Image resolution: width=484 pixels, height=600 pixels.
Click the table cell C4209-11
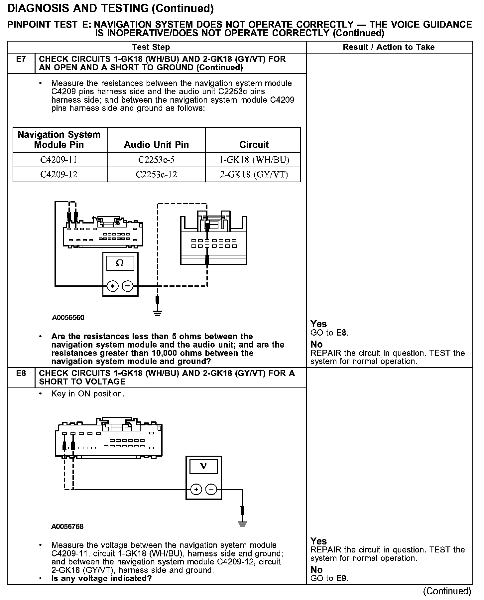click(x=59, y=160)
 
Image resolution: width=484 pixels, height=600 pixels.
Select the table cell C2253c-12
click(x=156, y=174)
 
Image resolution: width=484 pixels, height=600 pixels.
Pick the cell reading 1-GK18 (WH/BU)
click(x=254, y=160)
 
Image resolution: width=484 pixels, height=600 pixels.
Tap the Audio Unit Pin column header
click(x=156, y=145)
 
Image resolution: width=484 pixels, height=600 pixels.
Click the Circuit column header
click(x=254, y=145)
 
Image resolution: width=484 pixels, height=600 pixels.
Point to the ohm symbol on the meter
click(x=120, y=263)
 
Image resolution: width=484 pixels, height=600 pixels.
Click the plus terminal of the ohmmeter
click(x=113, y=286)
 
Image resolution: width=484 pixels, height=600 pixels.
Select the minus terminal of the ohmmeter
click(x=128, y=286)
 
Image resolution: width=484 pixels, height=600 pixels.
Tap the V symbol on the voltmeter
click(x=203, y=466)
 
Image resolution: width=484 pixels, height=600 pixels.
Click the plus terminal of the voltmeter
click(x=196, y=489)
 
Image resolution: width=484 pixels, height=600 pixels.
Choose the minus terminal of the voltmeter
click(x=211, y=489)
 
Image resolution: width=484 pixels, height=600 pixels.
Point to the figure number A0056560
click(x=68, y=318)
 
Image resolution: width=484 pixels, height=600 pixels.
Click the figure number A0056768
click(x=67, y=526)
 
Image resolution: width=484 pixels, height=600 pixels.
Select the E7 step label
click(x=21, y=59)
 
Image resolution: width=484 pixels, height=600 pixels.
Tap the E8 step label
click(x=21, y=373)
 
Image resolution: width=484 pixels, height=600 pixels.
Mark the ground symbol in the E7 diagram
click(x=158, y=313)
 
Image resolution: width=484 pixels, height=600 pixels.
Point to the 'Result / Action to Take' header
click(x=389, y=47)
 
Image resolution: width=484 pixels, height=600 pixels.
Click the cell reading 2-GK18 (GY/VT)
click(x=254, y=174)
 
